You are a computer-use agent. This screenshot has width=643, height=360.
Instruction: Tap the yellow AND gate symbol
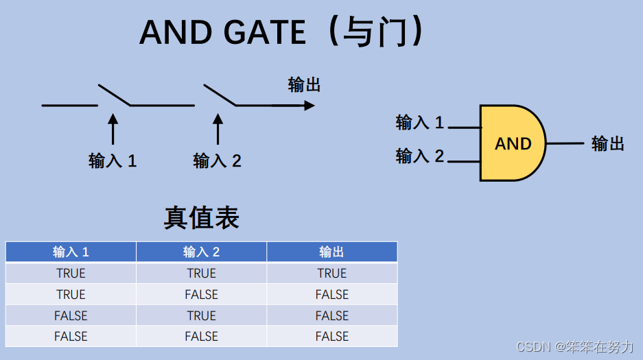point(513,143)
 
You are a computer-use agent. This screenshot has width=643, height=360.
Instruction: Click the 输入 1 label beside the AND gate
point(420,123)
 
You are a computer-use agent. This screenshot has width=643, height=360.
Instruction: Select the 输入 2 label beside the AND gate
point(420,156)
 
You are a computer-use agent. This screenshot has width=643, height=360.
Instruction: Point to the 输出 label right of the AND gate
point(608,143)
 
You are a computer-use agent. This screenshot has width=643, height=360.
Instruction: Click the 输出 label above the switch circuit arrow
point(305,84)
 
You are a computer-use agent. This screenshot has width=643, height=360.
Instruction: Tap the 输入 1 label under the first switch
point(113,160)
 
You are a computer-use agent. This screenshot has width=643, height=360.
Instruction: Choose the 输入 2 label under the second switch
point(218,160)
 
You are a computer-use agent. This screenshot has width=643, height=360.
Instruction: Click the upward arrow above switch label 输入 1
point(113,129)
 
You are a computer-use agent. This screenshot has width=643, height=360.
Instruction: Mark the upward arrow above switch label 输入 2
point(218,129)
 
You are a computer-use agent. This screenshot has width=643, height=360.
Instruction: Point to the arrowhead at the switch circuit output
point(309,106)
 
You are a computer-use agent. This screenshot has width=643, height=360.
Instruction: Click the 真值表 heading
point(201,217)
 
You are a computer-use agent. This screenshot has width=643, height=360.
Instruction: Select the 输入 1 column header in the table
point(71,252)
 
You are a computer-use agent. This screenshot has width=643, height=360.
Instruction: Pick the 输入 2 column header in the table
point(201,252)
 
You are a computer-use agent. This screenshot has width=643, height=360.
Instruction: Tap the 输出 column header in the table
point(331,252)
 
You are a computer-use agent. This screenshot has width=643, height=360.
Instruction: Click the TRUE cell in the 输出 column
point(331,273)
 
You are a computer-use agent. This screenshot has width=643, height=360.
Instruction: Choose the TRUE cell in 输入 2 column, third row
point(201,315)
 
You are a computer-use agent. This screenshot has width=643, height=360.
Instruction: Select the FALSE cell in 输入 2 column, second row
point(201,294)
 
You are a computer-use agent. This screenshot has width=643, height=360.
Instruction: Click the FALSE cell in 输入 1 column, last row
point(71,336)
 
